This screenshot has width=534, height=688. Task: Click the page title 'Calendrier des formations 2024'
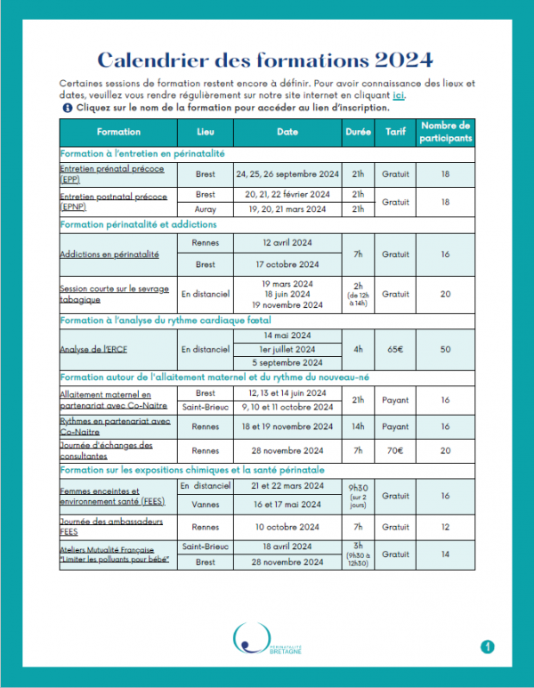tap(265, 60)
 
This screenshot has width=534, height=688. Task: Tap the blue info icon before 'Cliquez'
tap(67, 107)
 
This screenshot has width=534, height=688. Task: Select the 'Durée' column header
tap(359, 132)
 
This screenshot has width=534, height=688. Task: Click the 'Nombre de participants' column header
tap(445, 132)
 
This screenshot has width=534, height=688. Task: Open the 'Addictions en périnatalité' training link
tap(109, 254)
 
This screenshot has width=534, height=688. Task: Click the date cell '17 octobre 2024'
tap(287, 264)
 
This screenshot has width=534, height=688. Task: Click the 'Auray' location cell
tap(206, 209)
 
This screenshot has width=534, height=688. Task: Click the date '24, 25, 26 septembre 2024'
tap(287, 174)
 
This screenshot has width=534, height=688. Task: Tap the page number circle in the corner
tap(487, 646)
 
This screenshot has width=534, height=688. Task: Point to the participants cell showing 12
tap(445, 526)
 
